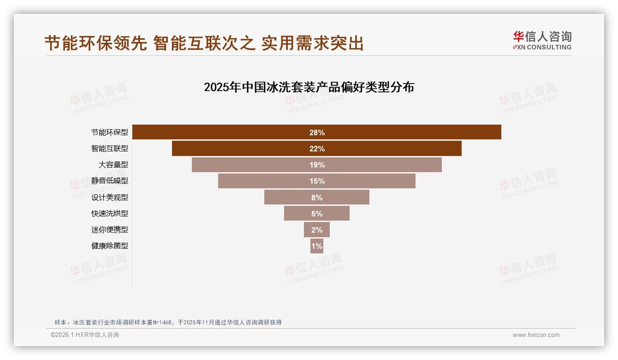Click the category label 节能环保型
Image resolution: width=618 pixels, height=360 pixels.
[109, 132]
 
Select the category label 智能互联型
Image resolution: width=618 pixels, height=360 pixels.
[109, 149]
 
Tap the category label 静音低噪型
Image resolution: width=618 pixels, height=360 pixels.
[109, 181]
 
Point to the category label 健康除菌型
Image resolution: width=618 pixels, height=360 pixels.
[109, 246]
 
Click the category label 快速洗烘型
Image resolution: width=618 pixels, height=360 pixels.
[109, 213]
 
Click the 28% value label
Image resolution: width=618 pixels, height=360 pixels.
[317, 132]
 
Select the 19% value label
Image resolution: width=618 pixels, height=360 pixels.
[317, 165]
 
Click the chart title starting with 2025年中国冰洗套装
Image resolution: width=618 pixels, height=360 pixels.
[309, 87]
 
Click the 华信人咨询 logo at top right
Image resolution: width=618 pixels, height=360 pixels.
[542, 40]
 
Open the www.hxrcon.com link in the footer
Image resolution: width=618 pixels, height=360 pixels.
[536, 335]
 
